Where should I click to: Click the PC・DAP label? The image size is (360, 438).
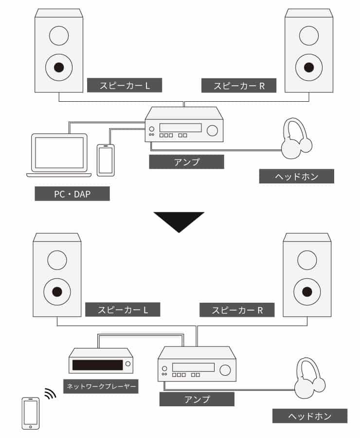[72, 194]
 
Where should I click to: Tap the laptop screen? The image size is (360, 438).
[58, 152]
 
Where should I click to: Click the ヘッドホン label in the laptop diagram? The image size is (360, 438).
[296, 176]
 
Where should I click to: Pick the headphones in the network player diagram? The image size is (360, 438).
[310, 377]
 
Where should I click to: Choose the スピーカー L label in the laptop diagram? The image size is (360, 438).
[124, 85]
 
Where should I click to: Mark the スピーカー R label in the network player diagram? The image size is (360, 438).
[237, 310]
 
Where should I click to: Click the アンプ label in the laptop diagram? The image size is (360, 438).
[186, 162]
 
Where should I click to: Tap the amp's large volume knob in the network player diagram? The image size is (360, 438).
[225, 370]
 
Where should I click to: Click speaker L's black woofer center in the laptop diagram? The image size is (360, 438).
[59, 67]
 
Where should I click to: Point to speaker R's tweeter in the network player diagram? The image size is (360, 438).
[306, 259]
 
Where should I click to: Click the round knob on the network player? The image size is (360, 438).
[128, 363]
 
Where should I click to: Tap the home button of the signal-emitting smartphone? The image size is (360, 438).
[30, 426]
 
